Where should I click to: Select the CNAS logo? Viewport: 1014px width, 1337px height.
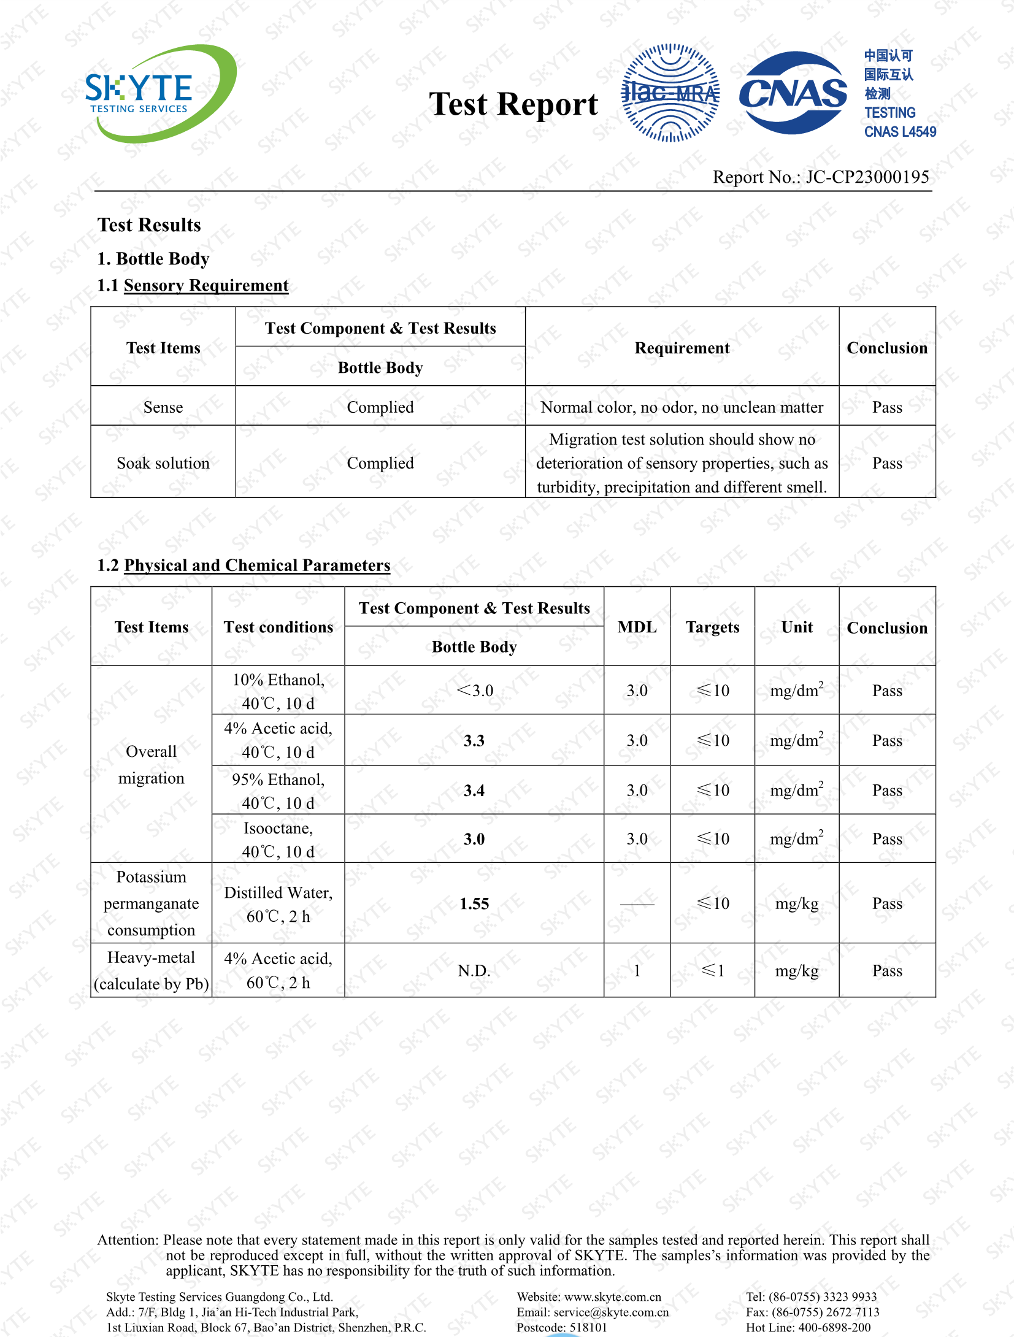(x=793, y=93)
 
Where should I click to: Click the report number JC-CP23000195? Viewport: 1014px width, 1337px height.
(x=867, y=177)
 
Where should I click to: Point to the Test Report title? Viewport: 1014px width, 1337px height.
(x=513, y=104)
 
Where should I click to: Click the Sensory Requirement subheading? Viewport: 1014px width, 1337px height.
(x=205, y=285)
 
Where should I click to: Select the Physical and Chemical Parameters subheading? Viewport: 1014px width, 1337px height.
(x=256, y=565)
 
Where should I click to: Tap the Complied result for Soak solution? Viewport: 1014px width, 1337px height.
(x=380, y=463)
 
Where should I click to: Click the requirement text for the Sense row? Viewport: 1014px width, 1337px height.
(x=682, y=407)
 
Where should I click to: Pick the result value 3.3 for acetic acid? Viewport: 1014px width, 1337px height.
(x=474, y=741)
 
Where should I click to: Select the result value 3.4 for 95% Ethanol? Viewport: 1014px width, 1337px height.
(x=474, y=791)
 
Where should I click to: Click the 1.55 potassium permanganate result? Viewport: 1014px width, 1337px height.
(x=474, y=903)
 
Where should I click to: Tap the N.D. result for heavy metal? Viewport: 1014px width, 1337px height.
(x=474, y=971)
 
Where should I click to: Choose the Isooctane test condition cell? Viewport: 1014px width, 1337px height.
(x=278, y=840)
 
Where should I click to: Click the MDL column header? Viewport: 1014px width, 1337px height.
(x=637, y=627)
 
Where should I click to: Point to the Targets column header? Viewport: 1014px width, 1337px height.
(x=712, y=627)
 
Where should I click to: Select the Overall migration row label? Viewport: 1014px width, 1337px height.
(x=151, y=765)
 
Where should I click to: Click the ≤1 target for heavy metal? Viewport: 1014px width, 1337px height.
(x=713, y=971)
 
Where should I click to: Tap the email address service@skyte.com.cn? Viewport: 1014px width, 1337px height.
(x=611, y=1312)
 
